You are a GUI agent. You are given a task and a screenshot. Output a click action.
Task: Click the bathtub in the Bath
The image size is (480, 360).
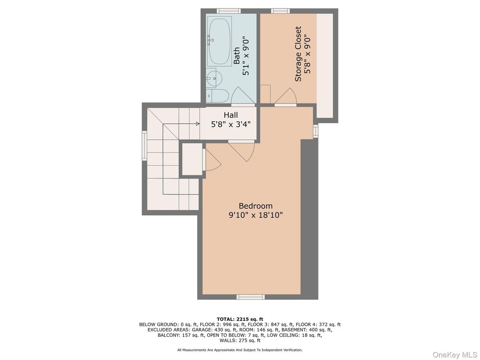click(x=219, y=41)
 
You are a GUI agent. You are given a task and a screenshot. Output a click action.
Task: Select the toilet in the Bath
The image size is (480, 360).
click(x=218, y=95)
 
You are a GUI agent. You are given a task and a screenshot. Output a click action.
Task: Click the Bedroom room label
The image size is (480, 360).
click(x=255, y=206)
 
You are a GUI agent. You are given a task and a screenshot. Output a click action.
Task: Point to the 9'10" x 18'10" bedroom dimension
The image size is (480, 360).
click(x=255, y=215)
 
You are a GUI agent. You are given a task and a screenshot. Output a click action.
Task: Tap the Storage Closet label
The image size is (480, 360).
click(x=298, y=54)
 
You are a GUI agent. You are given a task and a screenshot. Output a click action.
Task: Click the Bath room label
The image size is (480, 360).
click(x=237, y=56)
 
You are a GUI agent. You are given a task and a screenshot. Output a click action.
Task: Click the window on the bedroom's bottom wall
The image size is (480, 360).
click(x=250, y=296)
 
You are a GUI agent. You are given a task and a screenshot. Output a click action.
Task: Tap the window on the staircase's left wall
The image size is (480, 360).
click(x=144, y=145)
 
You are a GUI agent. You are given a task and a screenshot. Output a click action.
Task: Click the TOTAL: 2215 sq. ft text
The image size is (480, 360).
click(x=240, y=319)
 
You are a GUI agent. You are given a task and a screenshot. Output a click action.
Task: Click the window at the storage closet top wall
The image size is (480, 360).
click(x=279, y=11)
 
